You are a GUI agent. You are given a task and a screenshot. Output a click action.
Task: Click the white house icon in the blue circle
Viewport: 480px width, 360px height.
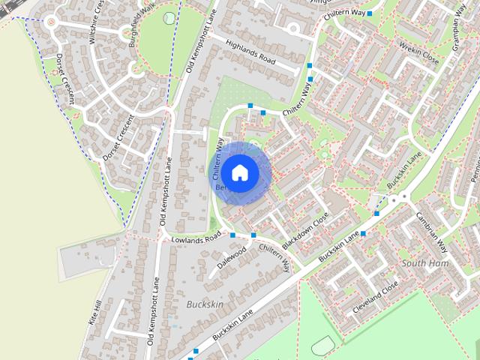coord(238,172)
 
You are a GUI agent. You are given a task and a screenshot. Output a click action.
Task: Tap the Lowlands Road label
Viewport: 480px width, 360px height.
coord(196,238)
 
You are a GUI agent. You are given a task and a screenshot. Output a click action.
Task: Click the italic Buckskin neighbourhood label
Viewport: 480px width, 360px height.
coord(204,305)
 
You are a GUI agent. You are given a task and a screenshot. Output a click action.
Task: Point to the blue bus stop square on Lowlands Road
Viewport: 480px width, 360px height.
coord(233,235)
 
